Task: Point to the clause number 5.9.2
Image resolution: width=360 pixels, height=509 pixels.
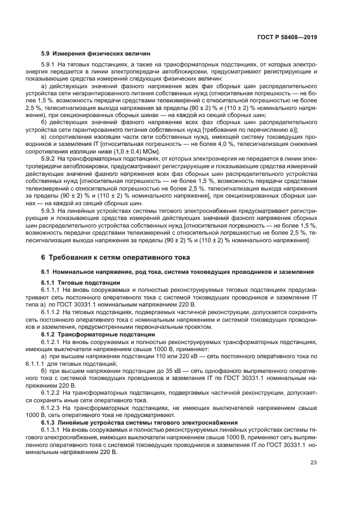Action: pos(50,157)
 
